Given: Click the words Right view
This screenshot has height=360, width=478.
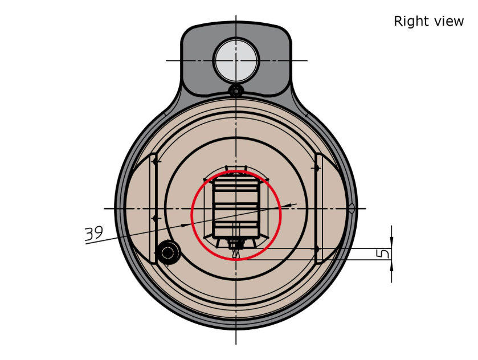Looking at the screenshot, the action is [428, 21].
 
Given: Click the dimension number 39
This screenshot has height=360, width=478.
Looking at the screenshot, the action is [93, 233].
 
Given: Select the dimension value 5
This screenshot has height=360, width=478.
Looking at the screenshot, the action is [384, 253].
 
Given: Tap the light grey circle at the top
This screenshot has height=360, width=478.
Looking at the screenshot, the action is [236, 60].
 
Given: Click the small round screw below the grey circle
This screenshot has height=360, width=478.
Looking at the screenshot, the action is [236, 91].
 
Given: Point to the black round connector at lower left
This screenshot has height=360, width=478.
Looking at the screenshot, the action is [168, 252].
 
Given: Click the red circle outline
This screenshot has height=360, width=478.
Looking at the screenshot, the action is [191, 215].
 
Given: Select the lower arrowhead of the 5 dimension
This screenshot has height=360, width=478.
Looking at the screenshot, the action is [391, 265].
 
